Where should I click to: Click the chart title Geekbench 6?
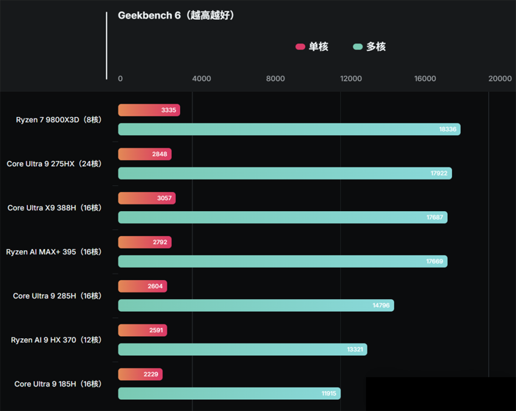[176, 15]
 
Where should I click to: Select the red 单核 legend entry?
[312, 46]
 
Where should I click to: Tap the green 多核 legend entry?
[369, 46]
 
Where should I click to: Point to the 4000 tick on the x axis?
[201, 79]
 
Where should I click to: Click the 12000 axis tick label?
[351, 79]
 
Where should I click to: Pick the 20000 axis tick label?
[499, 79]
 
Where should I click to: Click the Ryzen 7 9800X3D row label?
[58, 120]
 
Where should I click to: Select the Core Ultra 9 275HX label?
[54, 163]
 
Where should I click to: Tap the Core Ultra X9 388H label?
[54, 208]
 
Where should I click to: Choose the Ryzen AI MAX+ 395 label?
[54, 252]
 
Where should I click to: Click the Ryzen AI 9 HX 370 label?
[56, 340]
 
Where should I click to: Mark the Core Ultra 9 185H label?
[58, 384]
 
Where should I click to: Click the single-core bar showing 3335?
[148, 110]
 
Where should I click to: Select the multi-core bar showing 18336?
[288, 129]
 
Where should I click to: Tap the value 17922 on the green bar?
[439, 173]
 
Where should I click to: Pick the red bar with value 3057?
[146, 198]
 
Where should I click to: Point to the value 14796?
[381, 305]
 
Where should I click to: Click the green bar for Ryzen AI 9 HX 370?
[242, 349]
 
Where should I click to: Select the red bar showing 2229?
[140, 375]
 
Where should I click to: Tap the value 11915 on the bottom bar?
[329, 394]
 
